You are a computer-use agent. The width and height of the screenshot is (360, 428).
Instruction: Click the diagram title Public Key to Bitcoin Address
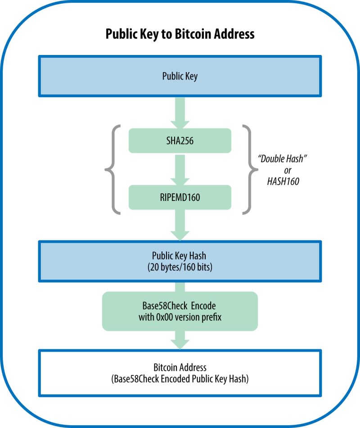click(180, 34)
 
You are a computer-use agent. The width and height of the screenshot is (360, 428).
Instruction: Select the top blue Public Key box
click(180, 76)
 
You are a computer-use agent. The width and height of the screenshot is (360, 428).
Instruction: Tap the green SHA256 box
click(180, 141)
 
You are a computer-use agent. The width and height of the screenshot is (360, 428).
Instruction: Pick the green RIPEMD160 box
click(180, 197)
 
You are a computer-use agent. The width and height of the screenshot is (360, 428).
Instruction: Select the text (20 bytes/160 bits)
click(180, 267)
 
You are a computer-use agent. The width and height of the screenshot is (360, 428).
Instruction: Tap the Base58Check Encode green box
click(180, 311)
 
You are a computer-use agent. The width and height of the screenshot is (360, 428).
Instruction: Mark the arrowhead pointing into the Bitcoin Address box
click(180, 344)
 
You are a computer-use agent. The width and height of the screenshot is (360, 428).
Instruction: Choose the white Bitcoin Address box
click(180, 373)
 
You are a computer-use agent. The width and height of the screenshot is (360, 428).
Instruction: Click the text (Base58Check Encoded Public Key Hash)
click(180, 379)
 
